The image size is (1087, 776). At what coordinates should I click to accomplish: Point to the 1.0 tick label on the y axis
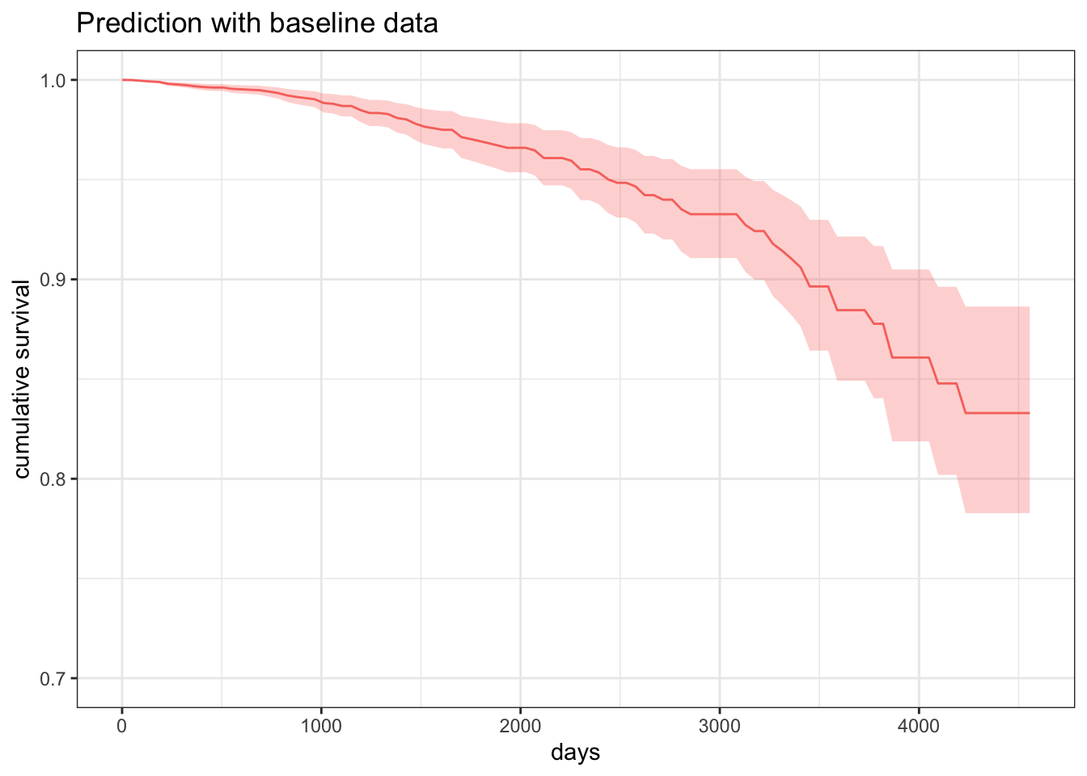click(x=54, y=80)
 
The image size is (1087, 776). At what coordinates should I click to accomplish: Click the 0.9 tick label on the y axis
click(x=54, y=280)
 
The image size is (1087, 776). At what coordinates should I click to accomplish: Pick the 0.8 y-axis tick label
click(x=54, y=479)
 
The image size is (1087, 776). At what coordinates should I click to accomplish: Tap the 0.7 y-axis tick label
click(x=54, y=679)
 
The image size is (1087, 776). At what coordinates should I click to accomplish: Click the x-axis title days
click(x=575, y=753)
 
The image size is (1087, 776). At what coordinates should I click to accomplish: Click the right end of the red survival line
click(x=1029, y=413)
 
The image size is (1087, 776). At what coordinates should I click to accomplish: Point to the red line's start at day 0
click(x=123, y=80)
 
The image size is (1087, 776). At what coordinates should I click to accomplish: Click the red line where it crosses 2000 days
click(x=520, y=148)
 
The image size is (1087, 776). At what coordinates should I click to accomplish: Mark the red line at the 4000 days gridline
click(x=919, y=357)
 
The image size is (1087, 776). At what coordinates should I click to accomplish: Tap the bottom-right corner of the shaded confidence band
click(x=1028, y=512)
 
